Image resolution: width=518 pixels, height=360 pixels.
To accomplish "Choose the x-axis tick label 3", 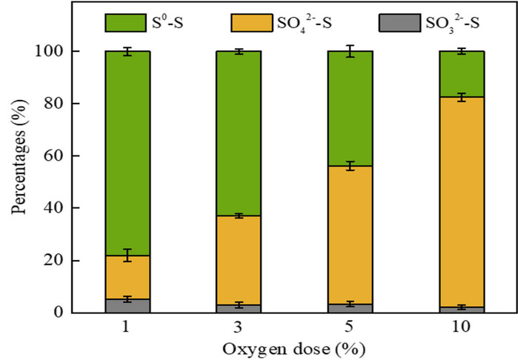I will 237,327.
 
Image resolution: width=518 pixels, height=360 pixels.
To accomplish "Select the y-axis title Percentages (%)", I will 18,181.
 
